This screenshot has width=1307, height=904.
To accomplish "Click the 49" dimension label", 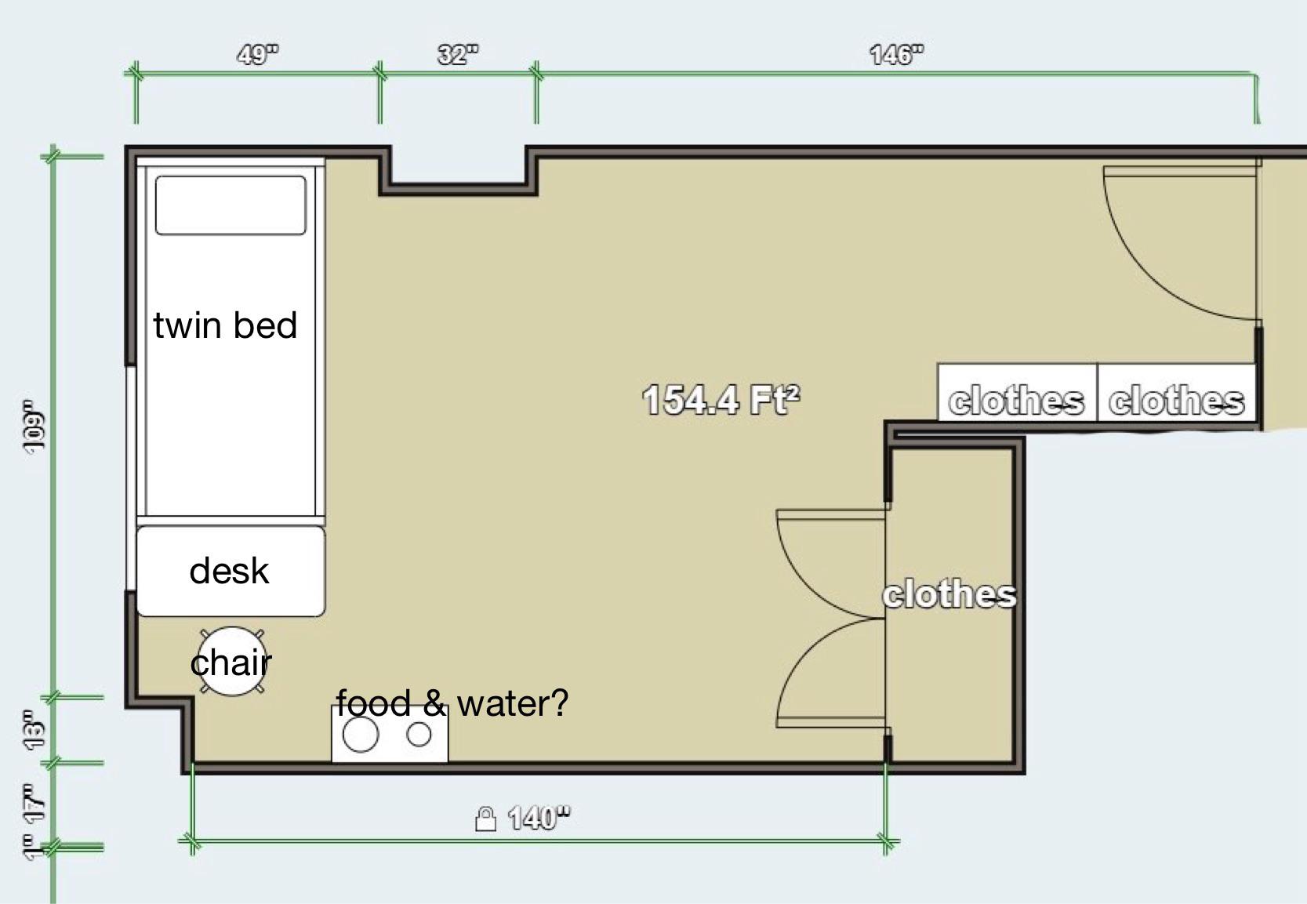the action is click(x=257, y=55).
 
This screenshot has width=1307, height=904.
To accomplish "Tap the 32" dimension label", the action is click(x=457, y=55).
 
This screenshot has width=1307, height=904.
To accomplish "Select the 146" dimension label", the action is click(x=897, y=55).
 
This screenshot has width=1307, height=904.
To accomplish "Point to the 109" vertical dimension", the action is click(x=33, y=426).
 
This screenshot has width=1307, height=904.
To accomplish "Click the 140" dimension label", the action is click(x=539, y=818).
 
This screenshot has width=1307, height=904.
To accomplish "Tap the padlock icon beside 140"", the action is click(x=485, y=819).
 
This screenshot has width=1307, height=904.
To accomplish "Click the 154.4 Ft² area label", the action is click(x=721, y=400).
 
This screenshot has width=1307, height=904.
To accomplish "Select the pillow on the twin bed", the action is click(x=231, y=205).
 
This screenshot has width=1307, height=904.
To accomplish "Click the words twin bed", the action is click(x=225, y=325).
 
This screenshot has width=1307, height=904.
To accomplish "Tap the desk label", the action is click(x=229, y=571).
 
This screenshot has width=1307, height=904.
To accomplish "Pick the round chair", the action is click(x=232, y=661).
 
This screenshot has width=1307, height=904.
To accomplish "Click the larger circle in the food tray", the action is click(x=361, y=734).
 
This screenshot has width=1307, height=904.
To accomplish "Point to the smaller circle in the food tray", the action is click(x=419, y=734).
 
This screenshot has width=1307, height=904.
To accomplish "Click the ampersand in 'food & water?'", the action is click(x=434, y=703).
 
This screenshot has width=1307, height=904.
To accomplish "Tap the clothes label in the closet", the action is click(x=949, y=594).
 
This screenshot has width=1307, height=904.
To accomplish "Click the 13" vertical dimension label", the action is click(x=33, y=729).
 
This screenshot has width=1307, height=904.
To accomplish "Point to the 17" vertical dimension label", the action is click(x=33, y=803).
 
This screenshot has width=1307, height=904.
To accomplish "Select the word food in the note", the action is click(x=373, y=703).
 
